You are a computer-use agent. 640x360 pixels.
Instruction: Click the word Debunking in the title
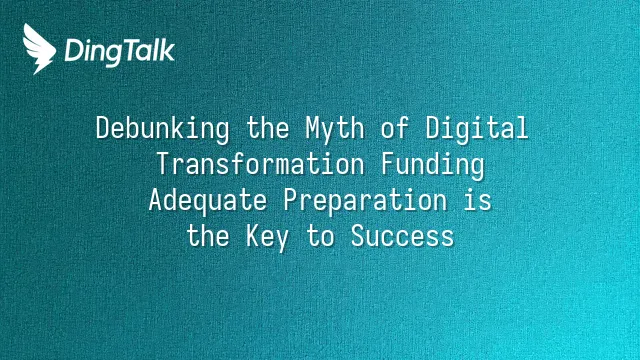point(163,129)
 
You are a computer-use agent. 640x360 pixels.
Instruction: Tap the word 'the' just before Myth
point(268,127)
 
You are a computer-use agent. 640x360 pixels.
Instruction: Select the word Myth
point(335,129)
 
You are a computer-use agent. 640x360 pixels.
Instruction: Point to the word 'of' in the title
point(395,127)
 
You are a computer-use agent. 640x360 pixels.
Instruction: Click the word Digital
point(477,129)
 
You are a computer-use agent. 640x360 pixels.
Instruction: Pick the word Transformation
point(260,163)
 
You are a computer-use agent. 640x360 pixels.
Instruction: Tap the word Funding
point(433,165)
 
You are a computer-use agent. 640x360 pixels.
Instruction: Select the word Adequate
point(208,201)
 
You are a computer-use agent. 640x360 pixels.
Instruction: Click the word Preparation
point(365,201)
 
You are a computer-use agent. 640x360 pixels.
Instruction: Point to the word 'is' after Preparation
point(478,200)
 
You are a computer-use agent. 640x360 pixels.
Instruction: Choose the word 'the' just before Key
point(208,235)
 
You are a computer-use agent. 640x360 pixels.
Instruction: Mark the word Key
point(267,237)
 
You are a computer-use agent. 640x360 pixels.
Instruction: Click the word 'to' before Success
point(321,236)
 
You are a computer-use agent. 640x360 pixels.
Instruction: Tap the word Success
point(402,236)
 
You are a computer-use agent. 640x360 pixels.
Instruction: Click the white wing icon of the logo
point(39,49)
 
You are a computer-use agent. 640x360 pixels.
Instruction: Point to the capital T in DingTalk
point(131,50)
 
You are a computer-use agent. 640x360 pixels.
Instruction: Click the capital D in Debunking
point(104,128)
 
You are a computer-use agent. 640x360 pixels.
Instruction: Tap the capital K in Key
point(253,236)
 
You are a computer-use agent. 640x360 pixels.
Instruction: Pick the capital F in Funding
point(388,164)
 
